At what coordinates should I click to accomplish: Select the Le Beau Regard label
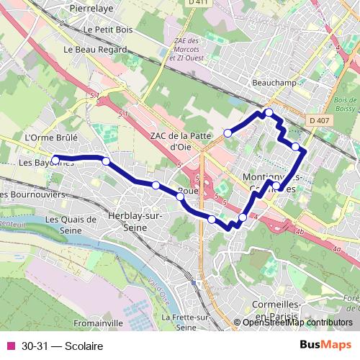pyautogui.click(x=95, y=50)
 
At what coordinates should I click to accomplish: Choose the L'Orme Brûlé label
pyautogui.click(x=50, y=137)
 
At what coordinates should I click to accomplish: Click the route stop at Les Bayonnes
pyautogui.click(x=55, y=159)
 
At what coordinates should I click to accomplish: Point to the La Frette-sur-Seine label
pyautogui.click(x=186, y=322)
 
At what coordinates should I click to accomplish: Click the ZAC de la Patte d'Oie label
pyautogui.click(x=180, y=140)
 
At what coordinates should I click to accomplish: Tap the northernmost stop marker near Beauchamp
pyautogui.click(x=268, y=112)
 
